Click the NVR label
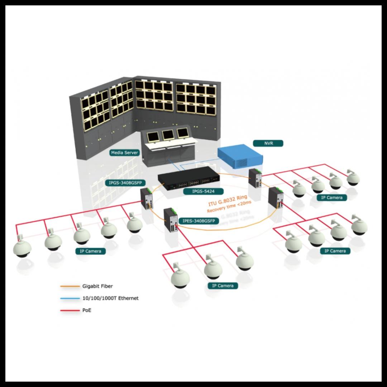click(x=268, y=143)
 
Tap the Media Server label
click(x=124, y=153)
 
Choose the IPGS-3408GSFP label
click(x=125, y=183)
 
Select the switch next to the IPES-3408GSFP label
click(x=171, y=220)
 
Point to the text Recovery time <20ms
click(x=229, y=207)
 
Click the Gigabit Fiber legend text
click(x=97, y=286)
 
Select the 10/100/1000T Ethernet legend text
click(x=110, y=298)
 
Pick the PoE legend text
click(x=87, y=310)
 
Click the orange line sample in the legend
click(x=70, y=286)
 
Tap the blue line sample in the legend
click(x=70, y=298)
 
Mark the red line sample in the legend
click(x=70, y=310)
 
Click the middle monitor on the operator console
click(x=167, y=134)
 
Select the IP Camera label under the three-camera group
click(x=223, y=286)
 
